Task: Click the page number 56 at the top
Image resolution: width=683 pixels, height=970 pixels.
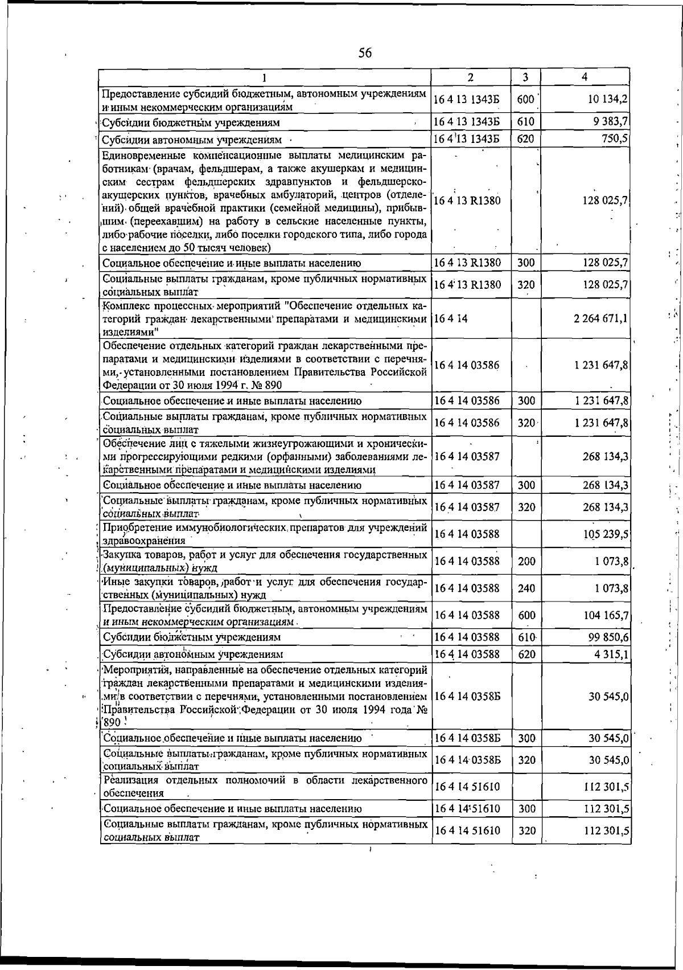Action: point(365,53)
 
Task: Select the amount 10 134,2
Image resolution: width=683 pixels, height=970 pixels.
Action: point(608,100)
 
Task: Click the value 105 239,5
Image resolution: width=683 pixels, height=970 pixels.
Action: point(606,534)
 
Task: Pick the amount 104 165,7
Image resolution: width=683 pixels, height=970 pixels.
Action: point(606,615)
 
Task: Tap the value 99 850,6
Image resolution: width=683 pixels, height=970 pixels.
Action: point(608,637)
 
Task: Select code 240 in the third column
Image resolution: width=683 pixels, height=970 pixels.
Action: point(526,588)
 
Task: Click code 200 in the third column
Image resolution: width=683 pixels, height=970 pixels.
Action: point(526,561)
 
